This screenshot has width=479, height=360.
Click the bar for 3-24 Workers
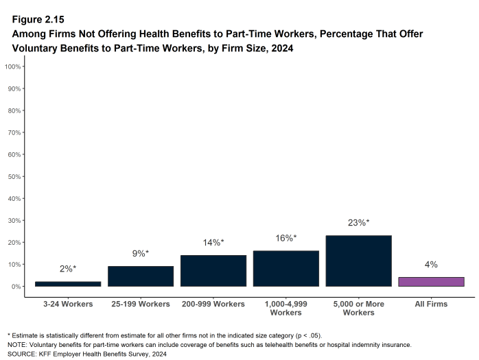[x=68, y=283]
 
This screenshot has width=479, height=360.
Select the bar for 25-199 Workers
[x=141, y=276]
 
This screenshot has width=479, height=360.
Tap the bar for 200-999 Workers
[x=213, y=270]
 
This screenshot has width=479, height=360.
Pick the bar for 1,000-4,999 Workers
[x=286, y=268]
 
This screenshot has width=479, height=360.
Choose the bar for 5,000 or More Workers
[x=358, y=261]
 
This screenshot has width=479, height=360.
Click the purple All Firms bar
[x=431, y=281]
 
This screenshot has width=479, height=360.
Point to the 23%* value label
[x=358, y=222]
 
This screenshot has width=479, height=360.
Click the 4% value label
[x=431, y=264]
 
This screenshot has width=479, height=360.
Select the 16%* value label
[x=286, y=238]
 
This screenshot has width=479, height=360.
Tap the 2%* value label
[x=68, y=269]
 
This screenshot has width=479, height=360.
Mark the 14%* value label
[x=213, y=242]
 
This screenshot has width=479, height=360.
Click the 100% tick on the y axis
[x=13, y=67]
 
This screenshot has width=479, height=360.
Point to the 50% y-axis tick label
[x=14, y=176]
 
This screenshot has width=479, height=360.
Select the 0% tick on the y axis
[x=16, y=286]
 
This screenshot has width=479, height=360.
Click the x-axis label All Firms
[x=431, y=304]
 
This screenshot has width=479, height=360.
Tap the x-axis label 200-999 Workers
[x=213, y=304]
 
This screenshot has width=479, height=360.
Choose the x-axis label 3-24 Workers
[x=68, y=304]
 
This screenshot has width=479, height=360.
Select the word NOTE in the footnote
[x=18, y=344]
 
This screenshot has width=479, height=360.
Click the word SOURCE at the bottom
[x=22, y=354]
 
